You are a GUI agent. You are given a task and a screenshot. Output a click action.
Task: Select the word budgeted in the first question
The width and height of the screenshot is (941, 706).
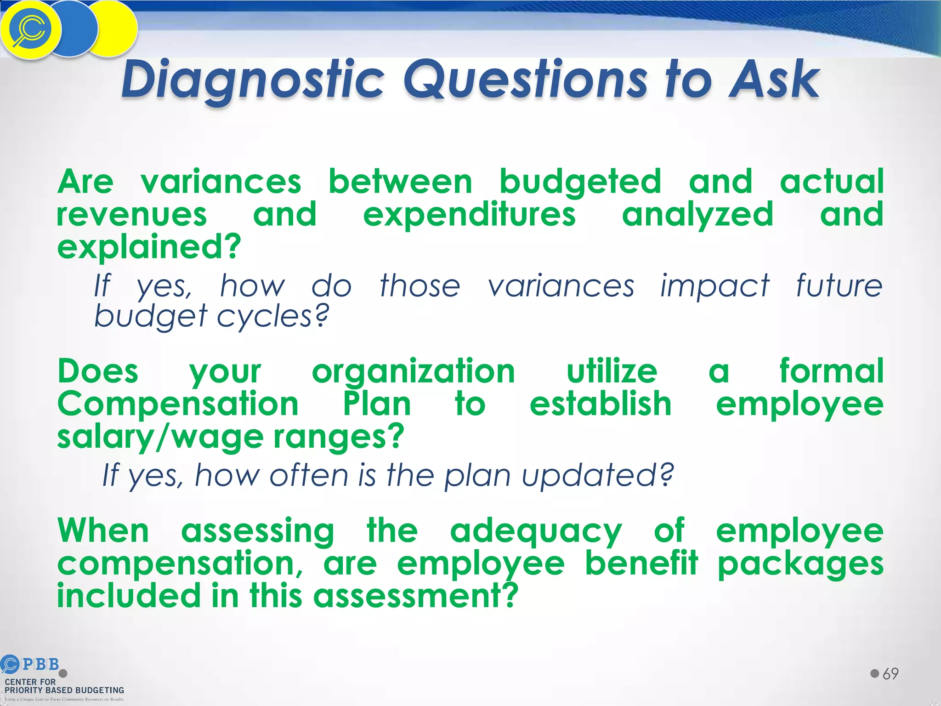(x=580, y=182)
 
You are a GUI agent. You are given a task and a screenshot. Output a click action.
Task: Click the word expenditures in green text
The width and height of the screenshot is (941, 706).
(x=469, y=215)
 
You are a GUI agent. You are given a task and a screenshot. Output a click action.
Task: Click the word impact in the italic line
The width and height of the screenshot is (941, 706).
(x=714, y=286)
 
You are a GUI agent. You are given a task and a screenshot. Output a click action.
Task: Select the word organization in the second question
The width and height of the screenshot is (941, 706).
(x=413, y=371)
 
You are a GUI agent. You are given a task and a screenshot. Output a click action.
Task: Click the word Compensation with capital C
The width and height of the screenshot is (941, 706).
(x=178, y=404)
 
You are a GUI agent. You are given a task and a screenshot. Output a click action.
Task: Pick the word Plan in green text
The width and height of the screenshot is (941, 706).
(x=377, y=404)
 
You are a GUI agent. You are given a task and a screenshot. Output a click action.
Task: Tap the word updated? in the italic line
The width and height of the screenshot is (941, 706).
(x=597, y=475)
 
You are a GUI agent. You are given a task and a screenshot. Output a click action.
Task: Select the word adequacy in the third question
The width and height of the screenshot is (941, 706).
(x=535, y=531)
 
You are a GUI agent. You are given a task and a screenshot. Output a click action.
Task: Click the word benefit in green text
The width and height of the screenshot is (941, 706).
(x=641, y=564)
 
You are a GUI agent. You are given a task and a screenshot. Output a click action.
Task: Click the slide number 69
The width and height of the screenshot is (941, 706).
(x=890, y=674)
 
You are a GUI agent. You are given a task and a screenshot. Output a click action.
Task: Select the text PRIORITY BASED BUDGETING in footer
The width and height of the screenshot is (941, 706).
(x=64, y=690)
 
